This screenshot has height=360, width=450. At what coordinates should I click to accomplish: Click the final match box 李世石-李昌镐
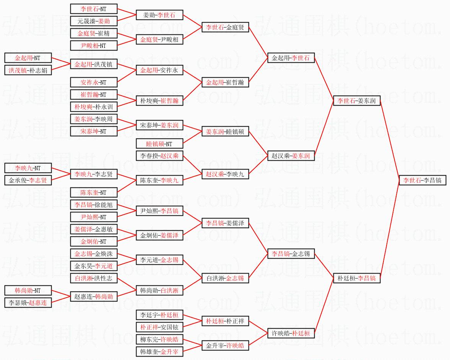pyautogui.click(x=422, y=180)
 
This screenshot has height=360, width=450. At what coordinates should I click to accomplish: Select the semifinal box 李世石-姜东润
pyautogui.click(x=357, y=101)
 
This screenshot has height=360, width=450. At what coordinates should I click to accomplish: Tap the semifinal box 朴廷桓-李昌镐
pyautogui.click(x=357, y=278)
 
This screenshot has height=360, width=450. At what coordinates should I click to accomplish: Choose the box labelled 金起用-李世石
pyautogui.click(x=291, y=58)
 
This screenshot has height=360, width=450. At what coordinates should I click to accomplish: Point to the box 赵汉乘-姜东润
pyautogui.click(x=291, y=156)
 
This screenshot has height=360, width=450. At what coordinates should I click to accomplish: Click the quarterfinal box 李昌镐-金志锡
pyautogui.click(x=291, y=254)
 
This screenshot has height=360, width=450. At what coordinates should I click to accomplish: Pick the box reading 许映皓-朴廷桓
pyautogui.click(x=291, y=333)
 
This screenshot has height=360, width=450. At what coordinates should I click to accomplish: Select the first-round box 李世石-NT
pyautogui.click(x=94, y=9)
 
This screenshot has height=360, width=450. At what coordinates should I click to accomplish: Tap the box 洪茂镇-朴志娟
pyautogui.click(x=28, y=70)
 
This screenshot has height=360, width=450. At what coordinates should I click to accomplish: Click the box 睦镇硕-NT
pyautogui.click(x=159, y=144)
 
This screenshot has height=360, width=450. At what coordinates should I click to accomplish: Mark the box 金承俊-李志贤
pyautogui.click(x=28, y=180)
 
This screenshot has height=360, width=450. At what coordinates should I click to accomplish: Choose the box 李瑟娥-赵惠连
pyautogui.click(x=28, y=303)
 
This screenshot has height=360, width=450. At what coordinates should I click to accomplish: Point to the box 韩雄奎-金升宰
pyautogui.click(x=159, y=351)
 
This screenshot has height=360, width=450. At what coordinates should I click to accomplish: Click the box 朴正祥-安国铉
pyautogui.click(x=159, y=327)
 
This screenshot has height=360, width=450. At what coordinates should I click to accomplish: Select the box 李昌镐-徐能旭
pyautogui.click(x=94, y=205)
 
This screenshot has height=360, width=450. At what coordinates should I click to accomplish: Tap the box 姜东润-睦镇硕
pyautogui.click(x=225, y=132)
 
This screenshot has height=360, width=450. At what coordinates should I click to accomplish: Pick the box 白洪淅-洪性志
pyautogui.click(x=94, y=278)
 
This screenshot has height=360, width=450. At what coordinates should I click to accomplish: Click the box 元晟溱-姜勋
pyautogui.click(x=94, y=21)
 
